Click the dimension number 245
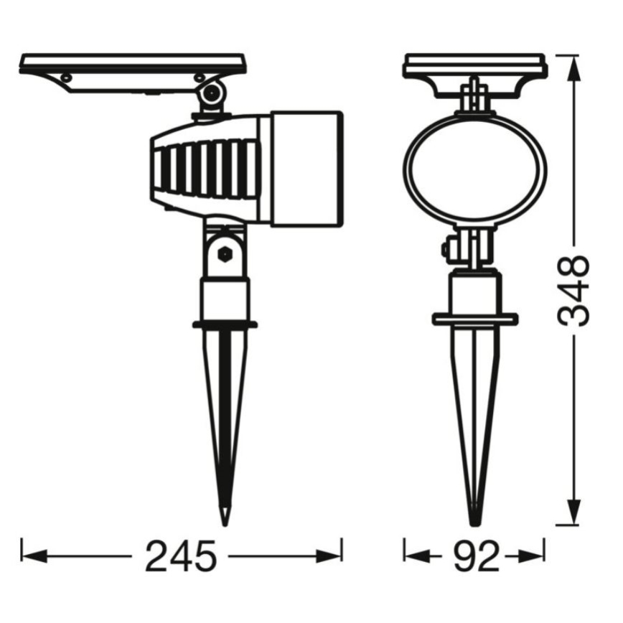coord(181,556)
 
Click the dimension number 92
coord(475,556)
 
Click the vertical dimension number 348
coord(575,290)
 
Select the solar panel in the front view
coord(474,65)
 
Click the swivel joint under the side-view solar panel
coord(211,93)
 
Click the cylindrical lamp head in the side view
coord(306,167)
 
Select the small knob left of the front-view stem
coord(446,249)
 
